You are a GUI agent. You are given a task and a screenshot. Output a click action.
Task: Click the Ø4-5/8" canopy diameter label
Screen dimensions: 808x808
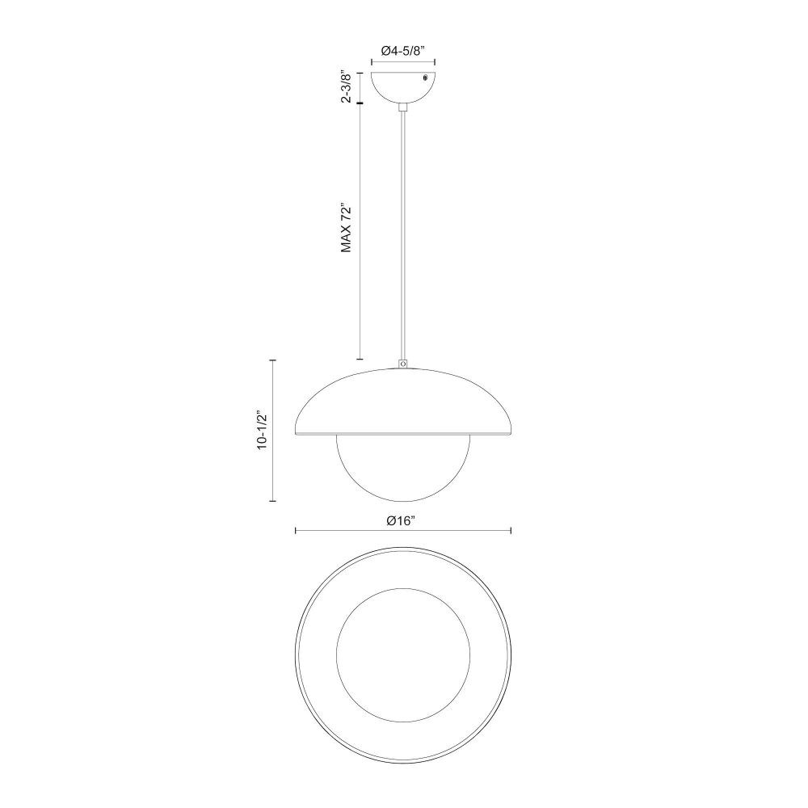point(402,51)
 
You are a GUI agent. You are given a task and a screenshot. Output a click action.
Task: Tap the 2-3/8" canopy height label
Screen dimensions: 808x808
point(347,87)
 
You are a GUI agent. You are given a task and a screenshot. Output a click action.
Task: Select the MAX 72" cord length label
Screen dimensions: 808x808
point(347,229)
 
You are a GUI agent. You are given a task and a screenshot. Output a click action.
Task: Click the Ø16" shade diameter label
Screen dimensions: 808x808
point(402,521)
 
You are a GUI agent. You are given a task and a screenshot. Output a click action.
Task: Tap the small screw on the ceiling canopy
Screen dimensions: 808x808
point(425,78)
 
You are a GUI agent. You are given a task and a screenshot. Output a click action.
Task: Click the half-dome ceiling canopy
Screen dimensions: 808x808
point(403,87)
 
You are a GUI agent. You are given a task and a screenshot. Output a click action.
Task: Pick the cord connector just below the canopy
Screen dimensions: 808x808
point(403,107)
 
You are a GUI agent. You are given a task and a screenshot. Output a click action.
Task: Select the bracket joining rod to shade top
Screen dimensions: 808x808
point(403,364)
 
